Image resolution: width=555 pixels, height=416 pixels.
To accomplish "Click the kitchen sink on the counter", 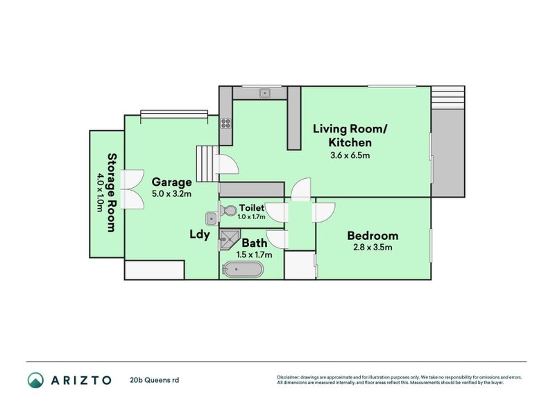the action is tap(265, 93).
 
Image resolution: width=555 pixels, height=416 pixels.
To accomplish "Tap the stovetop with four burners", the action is tap(226, 123).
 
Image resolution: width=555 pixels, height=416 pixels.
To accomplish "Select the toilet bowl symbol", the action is tap(228, 211).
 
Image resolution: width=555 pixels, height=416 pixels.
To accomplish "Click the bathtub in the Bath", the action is tap(243, 270).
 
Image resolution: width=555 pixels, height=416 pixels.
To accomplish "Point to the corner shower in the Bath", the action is tap(229, 239).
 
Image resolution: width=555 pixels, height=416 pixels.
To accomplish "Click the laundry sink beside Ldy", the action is tap(212, 218).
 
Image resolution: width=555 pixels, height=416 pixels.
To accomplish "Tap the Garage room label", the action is tap(171, 182).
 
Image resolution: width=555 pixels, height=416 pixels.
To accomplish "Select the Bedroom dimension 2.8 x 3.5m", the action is tap(373, 247).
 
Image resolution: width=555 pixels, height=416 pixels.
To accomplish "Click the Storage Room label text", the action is tap(112, 193).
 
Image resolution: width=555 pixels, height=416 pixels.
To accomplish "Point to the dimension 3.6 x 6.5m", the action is tap(350, 155).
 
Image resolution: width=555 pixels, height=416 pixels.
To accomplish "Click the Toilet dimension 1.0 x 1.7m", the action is tap(251, 216).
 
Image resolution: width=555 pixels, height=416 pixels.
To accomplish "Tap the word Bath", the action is tap(254, 243).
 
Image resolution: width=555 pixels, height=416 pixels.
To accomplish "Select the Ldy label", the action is tap(200, 234).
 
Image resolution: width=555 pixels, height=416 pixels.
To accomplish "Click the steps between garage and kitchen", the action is tap(207, 164).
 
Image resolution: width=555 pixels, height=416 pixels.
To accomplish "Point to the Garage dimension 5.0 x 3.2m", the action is tap(171, 194).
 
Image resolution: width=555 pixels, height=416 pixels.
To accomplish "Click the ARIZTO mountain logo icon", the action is tap(35, 380).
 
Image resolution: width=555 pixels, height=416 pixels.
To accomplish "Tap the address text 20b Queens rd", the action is tap(154, 380).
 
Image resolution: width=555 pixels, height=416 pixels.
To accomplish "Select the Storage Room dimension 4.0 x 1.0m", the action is tap(101, 193).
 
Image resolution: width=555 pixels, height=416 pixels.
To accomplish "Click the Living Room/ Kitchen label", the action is tap(350, 135).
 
